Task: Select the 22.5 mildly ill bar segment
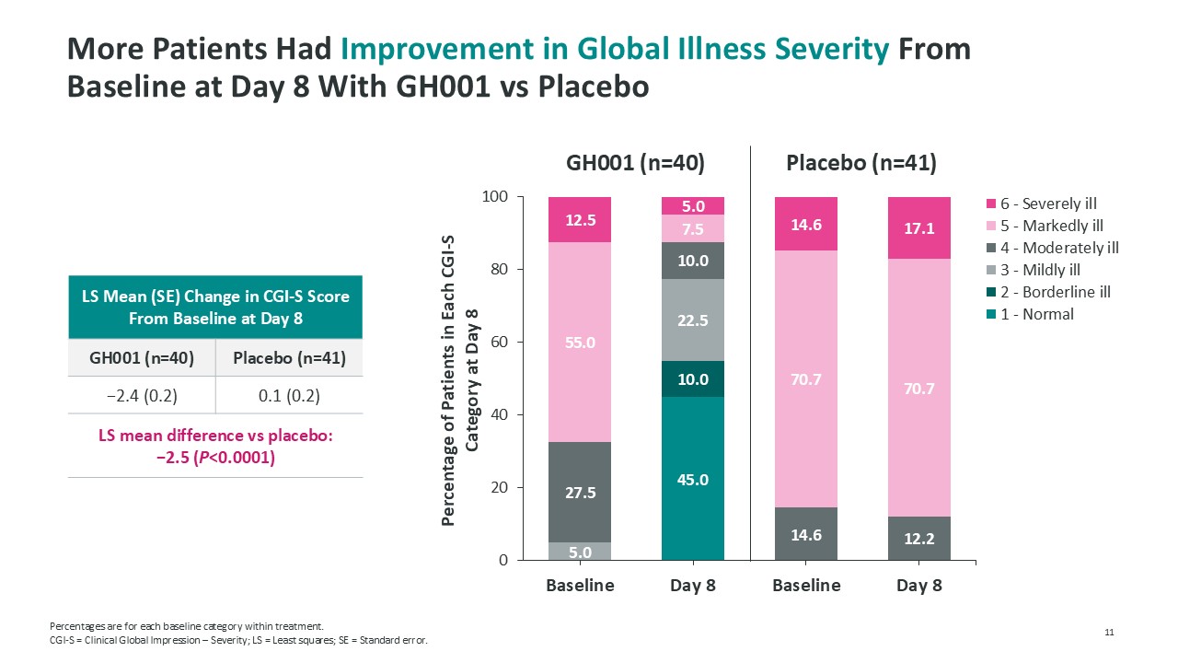click(693, 320)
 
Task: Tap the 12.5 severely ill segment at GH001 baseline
click(580, 220)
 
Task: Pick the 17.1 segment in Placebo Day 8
click(919, 228)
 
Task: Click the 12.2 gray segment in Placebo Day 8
click(919, 539)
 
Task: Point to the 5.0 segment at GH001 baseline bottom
click(580, 552)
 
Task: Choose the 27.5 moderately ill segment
click(580, 493)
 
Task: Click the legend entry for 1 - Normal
click(1037, 314)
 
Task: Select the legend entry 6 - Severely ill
click(1048, 204)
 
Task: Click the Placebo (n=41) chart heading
click(861, 164)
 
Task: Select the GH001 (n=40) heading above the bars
click(635, 164)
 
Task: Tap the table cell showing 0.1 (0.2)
click(289, 395)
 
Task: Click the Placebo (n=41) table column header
click(289, 358)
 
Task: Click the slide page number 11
click(1109, 632)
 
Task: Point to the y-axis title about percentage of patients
click(459, 379)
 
